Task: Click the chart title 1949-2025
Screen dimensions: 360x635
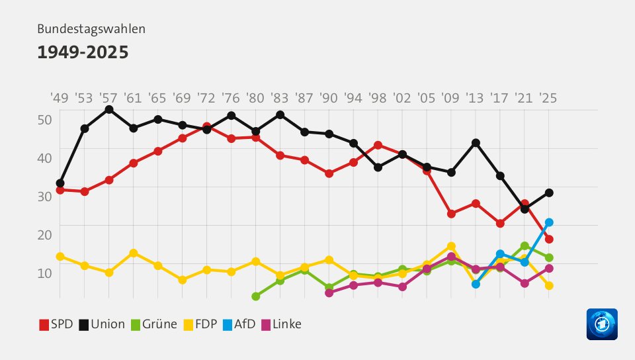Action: (83, 52)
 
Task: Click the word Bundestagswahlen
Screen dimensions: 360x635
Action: (91, 29)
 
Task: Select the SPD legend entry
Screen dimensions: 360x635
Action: (56, 324)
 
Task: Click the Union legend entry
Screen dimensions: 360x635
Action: (102, 324)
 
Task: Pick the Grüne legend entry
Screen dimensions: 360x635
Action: (153, 324)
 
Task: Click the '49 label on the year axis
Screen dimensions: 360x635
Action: (60, 98)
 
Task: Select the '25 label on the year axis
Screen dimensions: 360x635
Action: (548, 98)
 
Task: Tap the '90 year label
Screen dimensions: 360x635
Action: (328, 98)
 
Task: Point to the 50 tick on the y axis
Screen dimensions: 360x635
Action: (44, 120)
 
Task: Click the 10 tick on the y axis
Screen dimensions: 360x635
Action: (44, 272)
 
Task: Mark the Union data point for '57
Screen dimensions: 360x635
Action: (108, 109)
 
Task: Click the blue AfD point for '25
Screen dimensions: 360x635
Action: (548, 222)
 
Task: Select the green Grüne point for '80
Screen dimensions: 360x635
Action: (255, 296)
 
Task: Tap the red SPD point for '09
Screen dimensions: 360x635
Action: (451, 214)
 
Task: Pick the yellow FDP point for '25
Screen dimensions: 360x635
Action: (548, 286)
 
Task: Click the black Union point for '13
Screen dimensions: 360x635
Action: (476, 143)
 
